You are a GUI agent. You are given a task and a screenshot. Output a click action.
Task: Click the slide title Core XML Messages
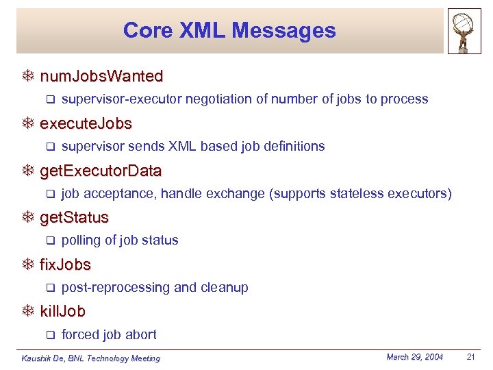pos(229,31)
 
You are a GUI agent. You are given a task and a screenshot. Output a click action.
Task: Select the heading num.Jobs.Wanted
pos(101,76)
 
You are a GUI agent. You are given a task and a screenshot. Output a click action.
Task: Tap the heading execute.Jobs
pos(86,124)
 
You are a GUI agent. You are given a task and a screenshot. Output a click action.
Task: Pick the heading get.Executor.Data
pos(101,171)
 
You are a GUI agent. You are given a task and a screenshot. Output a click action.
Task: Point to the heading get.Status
pos(74,218)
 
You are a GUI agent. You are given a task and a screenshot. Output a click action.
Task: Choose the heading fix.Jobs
pos(65,264)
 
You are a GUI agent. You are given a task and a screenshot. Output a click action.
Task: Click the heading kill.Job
pos(62,312)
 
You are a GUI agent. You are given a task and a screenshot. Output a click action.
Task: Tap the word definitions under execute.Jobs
pos(294,146)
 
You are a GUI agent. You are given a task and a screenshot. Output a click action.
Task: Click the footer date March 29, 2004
pos(414,357)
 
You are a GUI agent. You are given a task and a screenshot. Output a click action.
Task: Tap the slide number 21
pos(470,357)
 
